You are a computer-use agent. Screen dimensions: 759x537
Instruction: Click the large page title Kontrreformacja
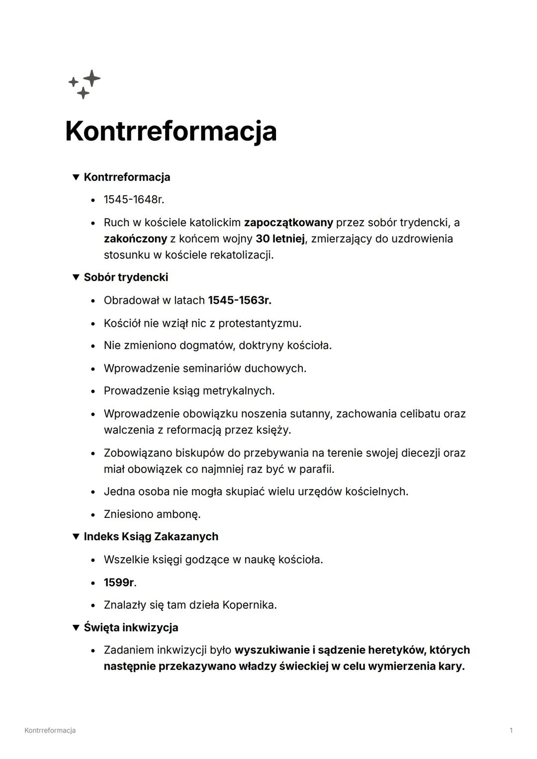point(171,131)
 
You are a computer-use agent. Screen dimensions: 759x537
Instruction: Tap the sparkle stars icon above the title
point(84,84)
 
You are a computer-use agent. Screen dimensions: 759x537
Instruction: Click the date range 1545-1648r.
point(134,200)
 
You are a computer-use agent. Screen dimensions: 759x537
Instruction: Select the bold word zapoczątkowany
point(288,223)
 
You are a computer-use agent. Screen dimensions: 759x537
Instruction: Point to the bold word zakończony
point(135,239)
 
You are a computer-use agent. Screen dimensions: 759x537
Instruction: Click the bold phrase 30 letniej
point(280,239)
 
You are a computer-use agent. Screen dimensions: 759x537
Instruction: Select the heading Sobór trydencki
point(126,277)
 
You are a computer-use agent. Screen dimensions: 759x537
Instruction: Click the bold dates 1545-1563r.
point(240,300)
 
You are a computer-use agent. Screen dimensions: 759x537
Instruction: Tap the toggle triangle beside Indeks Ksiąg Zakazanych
point(76,537)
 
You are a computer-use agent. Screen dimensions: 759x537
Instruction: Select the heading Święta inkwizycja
point(131,627)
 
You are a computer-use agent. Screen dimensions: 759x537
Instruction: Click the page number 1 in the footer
point(511,730)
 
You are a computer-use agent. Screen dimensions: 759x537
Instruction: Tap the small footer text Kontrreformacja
point(50,730)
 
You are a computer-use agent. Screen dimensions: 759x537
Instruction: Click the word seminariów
point(211,368)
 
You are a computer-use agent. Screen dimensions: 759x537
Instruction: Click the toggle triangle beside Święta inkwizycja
point(76,627)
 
